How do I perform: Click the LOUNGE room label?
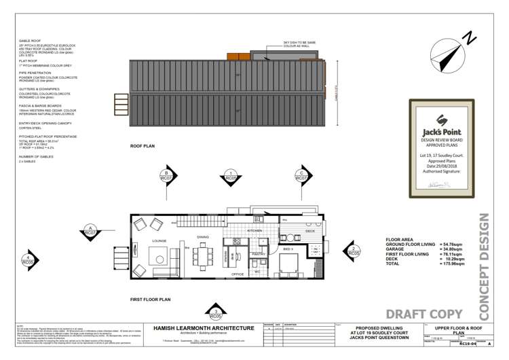[x=159, y=240]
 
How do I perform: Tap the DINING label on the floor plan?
[x=202, y=237]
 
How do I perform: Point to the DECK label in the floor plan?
[x=309, y=232]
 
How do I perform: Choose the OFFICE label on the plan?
[x=238, y=274]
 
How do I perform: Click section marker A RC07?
[x=90, y=232]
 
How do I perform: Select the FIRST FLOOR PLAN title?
[x=150, y=299]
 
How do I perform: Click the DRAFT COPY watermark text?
[x=424, y=313]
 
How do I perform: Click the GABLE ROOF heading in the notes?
[x=31, y=41]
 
